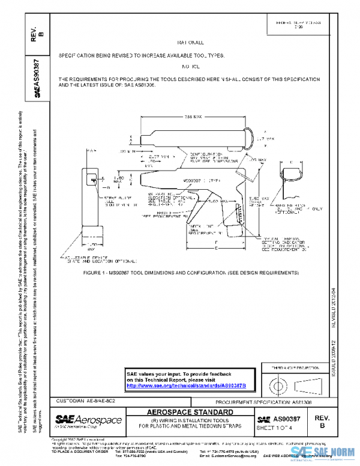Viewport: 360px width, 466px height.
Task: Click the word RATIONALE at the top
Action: click(191, 43)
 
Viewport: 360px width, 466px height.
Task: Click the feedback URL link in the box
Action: click(190, 385)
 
